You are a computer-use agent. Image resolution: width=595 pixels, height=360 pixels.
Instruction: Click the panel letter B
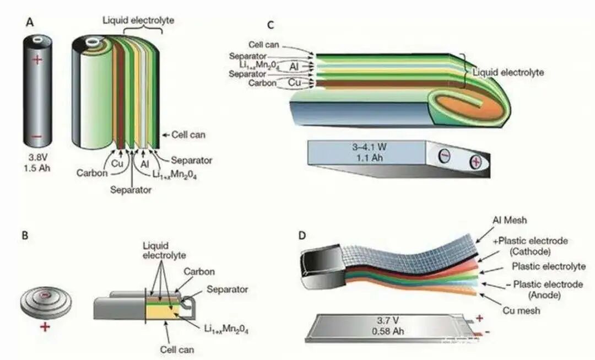(25, 234)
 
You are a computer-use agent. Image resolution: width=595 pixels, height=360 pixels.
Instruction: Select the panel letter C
(270, 25)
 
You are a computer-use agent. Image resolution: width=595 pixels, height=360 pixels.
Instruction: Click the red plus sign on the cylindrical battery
(36, 60)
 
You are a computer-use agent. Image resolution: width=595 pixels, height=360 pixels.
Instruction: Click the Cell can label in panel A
(185, 135)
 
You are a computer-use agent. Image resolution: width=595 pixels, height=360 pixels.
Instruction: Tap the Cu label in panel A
(117, 164)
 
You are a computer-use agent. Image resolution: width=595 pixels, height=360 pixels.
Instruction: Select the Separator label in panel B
(228, 289)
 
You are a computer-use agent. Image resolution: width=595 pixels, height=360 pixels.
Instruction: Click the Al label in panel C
(294, 66)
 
